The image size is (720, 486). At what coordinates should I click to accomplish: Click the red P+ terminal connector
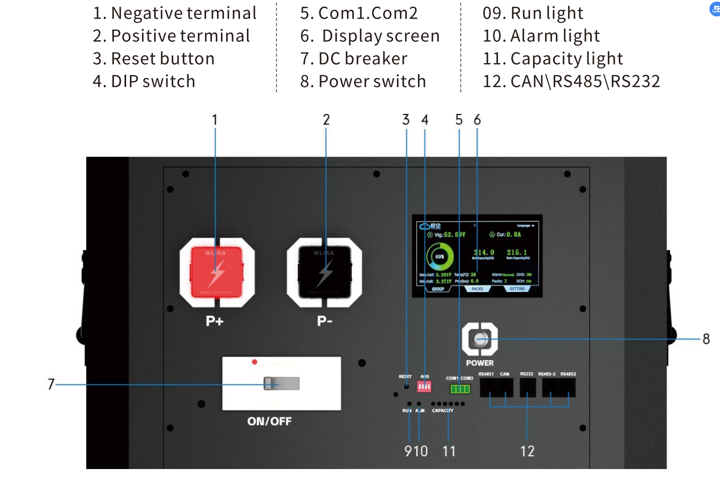(x=217, y=272)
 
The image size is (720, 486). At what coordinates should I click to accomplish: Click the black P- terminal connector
(x=324, y=272)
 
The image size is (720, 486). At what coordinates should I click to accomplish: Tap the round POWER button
(x=480, y=339)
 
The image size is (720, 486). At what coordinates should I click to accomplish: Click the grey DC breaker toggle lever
(x=282, y=383)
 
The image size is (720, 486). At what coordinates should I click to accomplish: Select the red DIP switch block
(x=424, y=386)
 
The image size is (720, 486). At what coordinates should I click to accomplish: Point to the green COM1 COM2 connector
(x=460, y=389)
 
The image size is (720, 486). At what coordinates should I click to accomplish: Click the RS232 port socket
(x=528, y=387)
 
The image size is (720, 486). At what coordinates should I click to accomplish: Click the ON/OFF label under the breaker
(x=269, y=421)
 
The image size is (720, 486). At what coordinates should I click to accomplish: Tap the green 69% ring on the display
(x=440, y=257)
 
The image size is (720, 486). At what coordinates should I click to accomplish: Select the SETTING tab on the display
(x=517, y=289)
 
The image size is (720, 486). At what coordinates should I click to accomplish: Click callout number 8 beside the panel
(x=706, y=339)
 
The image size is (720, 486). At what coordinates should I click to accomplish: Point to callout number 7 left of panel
(x=51, y=384)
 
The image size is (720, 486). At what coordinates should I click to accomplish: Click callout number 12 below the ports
(x=527, y=452)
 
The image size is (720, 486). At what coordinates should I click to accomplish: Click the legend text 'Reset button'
(x=154, y=58)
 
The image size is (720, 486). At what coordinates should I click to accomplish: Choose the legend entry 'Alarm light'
(x=541, y=36)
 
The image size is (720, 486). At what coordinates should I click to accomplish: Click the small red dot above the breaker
(x=255, y=362)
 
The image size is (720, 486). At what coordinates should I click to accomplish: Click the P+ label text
(x=215, y=321)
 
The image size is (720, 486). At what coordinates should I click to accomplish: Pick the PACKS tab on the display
(x=477, y=289)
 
